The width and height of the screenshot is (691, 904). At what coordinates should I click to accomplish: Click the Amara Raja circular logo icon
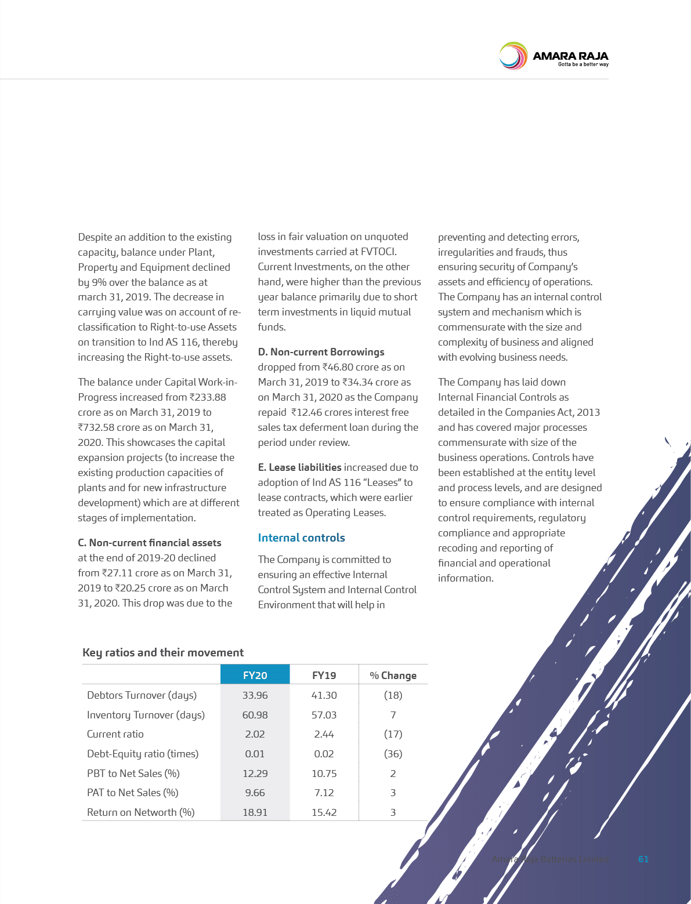click(x=513, y=56)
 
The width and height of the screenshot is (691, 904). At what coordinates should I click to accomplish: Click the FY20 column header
click(x=255, y=675)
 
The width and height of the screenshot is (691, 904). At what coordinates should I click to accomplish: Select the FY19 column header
click(x=324, y=675)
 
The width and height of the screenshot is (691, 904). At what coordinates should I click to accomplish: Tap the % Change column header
click(x=393, y=676)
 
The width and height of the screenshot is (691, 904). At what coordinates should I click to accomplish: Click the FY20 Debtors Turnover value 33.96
click(x=255, y=695)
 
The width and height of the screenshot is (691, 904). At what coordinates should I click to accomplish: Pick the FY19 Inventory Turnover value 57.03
click(x=324, y=714)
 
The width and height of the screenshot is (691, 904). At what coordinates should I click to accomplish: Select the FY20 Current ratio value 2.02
click(x=255, y=734)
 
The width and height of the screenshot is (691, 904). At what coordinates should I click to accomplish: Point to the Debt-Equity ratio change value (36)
click(x=393, y=753)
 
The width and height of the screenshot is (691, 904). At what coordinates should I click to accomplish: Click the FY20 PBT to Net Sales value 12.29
click(x=255, y=773)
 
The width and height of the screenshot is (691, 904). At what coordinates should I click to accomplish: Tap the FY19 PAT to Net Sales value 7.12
click(x=324, y=792)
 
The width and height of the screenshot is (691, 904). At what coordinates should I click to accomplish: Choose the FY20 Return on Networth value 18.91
click(x=255, y=812)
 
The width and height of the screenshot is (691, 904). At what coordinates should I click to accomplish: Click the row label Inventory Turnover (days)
click(x=146, y=714)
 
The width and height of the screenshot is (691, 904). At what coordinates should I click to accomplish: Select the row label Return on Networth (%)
click(x=140, y=812)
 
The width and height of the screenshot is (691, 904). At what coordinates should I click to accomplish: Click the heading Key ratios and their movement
click(x=163, y=652)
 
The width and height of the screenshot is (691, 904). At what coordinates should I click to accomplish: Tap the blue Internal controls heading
click(x=301, y=538)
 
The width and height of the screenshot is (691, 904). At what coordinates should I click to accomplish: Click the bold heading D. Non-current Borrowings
click(x=321, y=352)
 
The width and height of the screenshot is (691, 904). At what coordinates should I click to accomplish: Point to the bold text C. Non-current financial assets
click(x=150, y=543)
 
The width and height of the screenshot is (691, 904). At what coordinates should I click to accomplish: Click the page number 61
click(x=643, y=859)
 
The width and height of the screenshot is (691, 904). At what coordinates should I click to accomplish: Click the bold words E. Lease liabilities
click(x=299, y=467)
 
